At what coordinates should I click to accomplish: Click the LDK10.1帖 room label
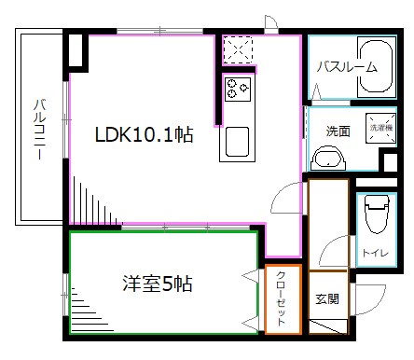(x=144, y=135)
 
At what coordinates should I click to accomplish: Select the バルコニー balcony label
(x=41, y=131)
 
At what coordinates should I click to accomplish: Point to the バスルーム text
(x=346, y=66)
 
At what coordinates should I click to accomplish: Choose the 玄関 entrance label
(x=325, y=299)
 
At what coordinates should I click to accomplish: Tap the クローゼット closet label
(x=282, y=300)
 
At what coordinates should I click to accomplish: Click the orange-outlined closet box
(x=282, y=299)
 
